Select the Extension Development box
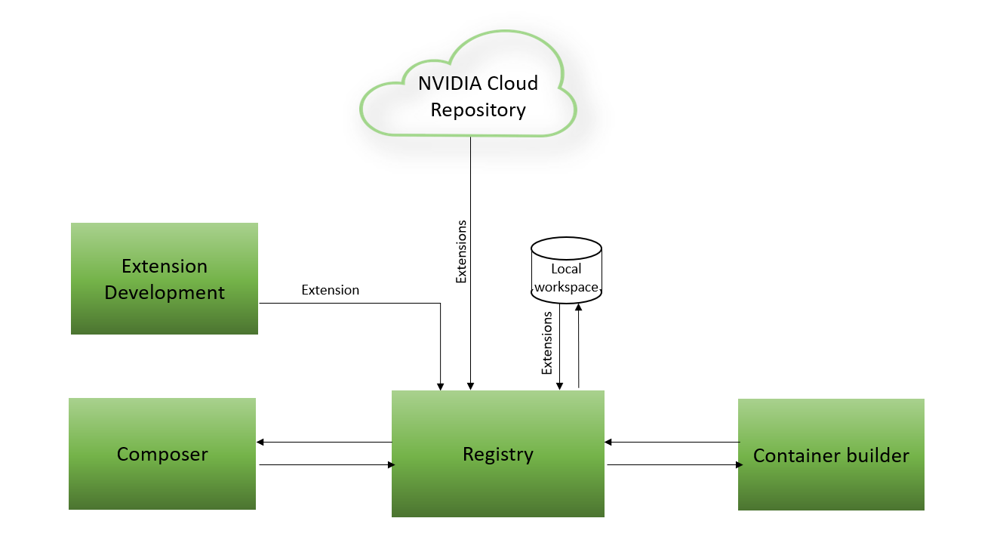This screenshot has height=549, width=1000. [x=165, y=279]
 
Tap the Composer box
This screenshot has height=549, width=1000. [x=162, y=454]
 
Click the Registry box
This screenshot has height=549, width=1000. [x=497, y=454]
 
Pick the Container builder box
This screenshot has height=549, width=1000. [x=831, y=455]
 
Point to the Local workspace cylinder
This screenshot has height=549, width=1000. [x=566, y=270]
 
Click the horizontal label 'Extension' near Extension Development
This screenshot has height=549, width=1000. [x=330, y=290]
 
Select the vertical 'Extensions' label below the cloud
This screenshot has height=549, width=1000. [x=462, y=251]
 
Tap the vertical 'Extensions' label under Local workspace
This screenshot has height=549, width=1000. [x=547, y=343]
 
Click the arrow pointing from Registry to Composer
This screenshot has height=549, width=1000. [x=325, y=442]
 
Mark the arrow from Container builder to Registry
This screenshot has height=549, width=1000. [x=672, y=442]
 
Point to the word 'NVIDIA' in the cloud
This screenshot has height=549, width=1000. [x=447, y=83]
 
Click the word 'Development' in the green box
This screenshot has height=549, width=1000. [x=165, y=292]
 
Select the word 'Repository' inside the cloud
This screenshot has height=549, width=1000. [x=478, y=110]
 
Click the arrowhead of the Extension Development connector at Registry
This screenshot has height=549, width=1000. [x=441, y=385]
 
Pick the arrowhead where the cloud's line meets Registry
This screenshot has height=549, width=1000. [x=471, y=385]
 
